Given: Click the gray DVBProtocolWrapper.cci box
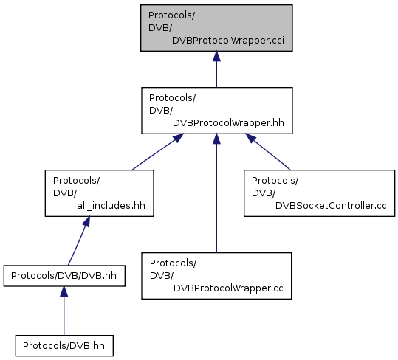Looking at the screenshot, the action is tap(216, 28).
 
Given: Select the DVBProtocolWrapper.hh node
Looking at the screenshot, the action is tap(217, 111).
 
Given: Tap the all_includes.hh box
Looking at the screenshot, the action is tap(99, 193).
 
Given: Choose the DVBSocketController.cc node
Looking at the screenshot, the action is tap(319, 193).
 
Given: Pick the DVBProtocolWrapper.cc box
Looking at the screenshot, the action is tap(216, 276).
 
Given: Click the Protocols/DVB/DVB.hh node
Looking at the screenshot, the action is tap(64, 276).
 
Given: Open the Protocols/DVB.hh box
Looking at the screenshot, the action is tap(64, 346).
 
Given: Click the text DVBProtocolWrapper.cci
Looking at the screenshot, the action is tap(228, 41).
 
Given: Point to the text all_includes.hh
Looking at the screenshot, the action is tap(111, 206).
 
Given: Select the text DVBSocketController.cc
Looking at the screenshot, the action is tap(331, 206).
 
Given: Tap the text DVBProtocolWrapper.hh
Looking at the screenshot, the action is tap(228, 123).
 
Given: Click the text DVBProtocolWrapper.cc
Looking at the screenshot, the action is tap(228, 288).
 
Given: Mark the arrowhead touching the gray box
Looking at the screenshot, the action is tap(216, 56).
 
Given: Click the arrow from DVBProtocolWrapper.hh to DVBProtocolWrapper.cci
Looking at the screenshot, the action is tap(216, 69).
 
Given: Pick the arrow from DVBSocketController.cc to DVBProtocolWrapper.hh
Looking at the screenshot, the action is tap(268, 152).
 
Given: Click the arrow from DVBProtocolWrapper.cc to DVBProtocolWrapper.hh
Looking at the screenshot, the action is tap(216, 193).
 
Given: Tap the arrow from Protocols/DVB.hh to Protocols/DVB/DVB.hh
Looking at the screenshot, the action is tap(64, 311).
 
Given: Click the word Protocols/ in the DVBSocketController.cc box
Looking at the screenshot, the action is tap(275, 181).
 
